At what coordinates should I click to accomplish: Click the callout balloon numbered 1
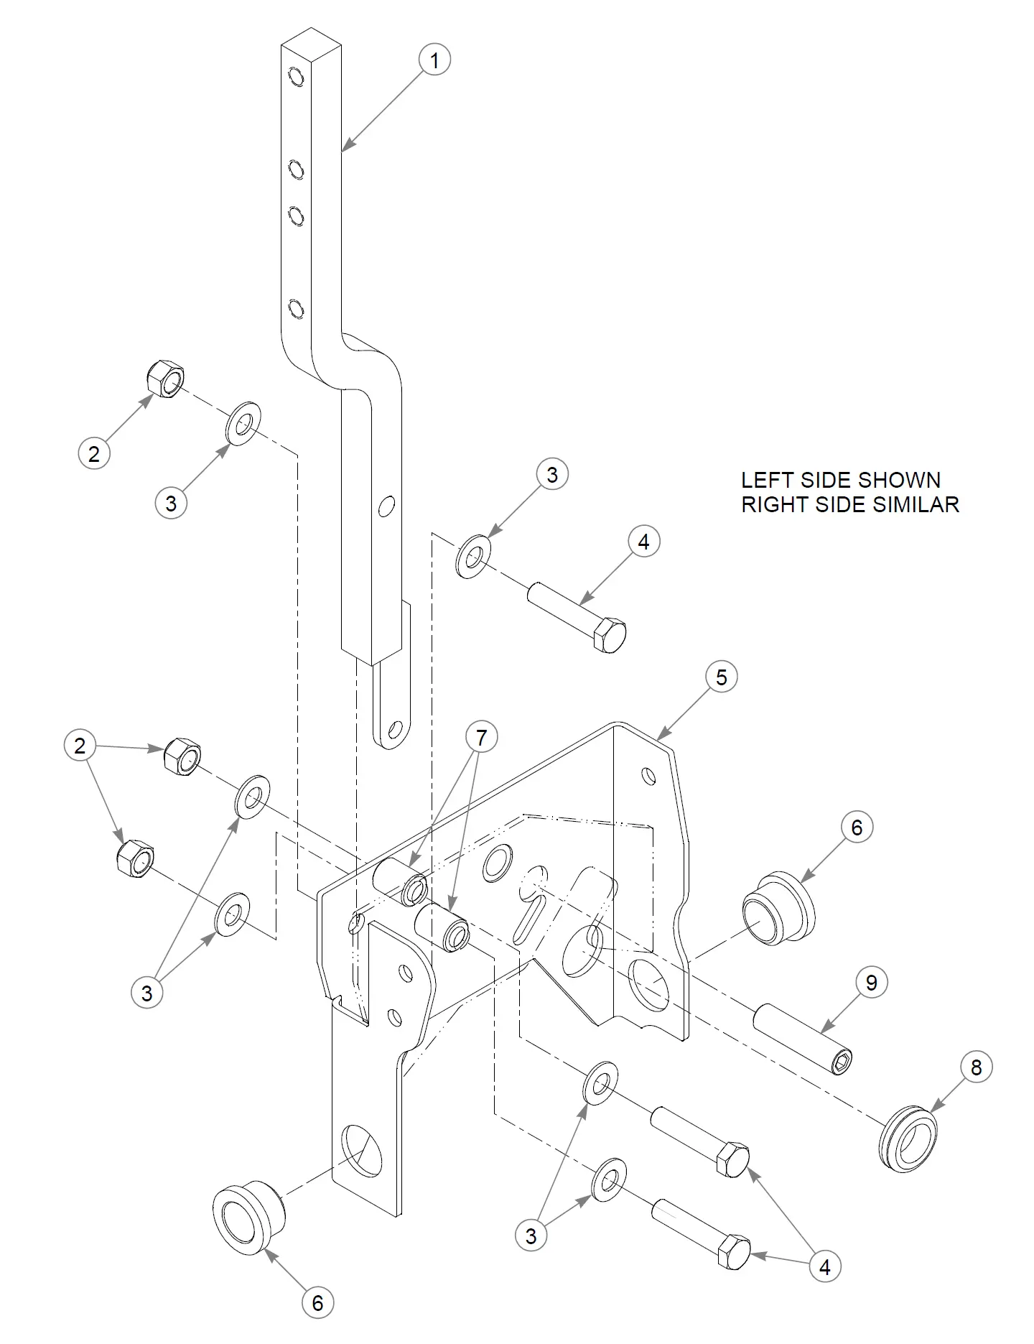coord(434,60)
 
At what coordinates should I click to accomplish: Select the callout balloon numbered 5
coord(721,677)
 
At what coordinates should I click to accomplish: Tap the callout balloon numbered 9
coord(871,983)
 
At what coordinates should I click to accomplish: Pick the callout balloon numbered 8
coord(976,1067)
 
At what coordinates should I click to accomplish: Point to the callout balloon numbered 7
coord(481,738)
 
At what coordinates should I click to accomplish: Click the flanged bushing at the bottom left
coord(248,1215)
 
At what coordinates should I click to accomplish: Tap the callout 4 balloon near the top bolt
coord(643,542)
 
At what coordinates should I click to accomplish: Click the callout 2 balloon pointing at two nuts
coord(80,746)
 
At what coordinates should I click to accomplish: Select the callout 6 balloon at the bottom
coord(317,1303)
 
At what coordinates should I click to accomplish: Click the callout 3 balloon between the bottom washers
coord(531,1236)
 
